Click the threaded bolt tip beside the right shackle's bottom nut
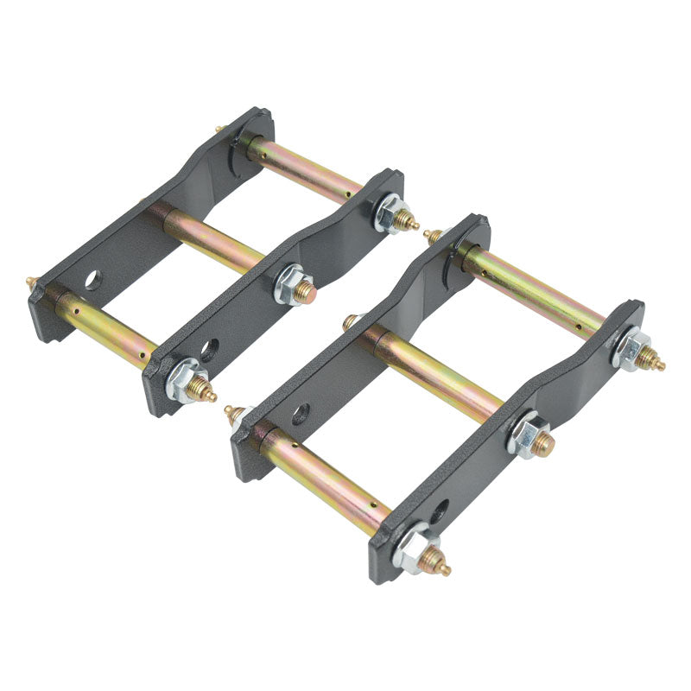tap(440, 567)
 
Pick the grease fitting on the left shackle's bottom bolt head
tap(31, 282)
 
